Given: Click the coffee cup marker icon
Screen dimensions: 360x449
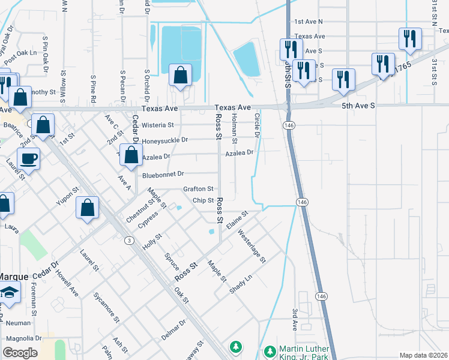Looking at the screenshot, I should coord(28,159).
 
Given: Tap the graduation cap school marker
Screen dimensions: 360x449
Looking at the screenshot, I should coord(10,292).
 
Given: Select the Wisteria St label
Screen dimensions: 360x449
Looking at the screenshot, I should coord(158,125).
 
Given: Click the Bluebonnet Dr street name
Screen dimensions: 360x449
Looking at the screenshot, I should coord(163,175).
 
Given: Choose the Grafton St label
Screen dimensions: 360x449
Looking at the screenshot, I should coord(198,189).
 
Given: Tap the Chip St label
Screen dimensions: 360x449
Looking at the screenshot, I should coord(203,200).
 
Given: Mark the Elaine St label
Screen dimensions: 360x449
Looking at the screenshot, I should coord(237,218).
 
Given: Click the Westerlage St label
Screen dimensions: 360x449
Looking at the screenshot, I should coord(252,246).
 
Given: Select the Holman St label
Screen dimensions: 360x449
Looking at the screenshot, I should coord(235,127).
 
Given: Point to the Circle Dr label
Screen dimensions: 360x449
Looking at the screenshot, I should coord(257,125).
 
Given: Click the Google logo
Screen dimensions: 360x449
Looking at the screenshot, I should coord(20,353).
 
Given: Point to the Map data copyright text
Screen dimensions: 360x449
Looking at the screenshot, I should coord(423,355).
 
